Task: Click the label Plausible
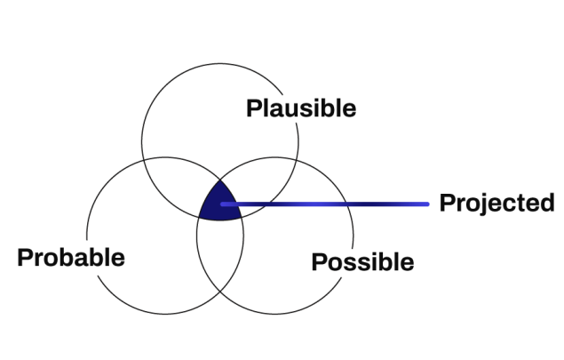301,109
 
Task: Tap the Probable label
71,259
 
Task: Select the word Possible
361,262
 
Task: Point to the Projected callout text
496,203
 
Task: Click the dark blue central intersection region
218,203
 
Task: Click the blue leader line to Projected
329,204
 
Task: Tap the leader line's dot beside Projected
429,204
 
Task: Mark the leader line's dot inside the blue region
222,205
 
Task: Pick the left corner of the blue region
197,218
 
